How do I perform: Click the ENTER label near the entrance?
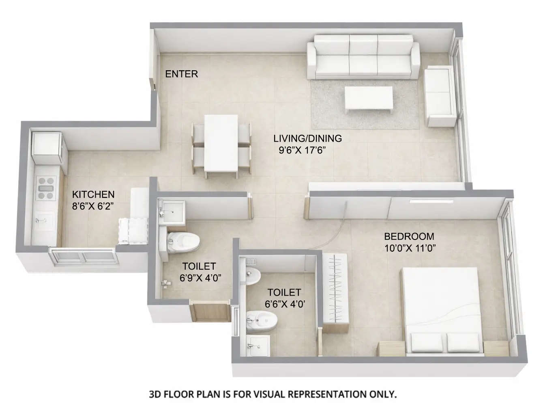pyautogui.click(x=181, y=74)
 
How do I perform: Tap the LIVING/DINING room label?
pyautogui.click(x=307, y=138)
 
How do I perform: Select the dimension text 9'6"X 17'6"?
pyautogui.click(x=302, y=150)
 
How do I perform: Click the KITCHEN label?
pyautogui.click(x=93, y=194)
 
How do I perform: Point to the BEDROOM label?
pyautogui.click(x=409, y=236)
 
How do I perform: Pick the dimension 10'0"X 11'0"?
pyautogui.click(x=410, y=248)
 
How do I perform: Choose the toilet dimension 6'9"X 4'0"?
pyautogui.click(x=200, y=278)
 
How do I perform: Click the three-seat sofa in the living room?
pyautogui.click(x=363, y=57)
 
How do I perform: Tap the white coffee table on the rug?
pyautogui.click(x=368, y=98)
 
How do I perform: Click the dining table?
pyautogui.click(x=221, y=143)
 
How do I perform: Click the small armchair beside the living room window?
pyautogui.click(x=440, y=97)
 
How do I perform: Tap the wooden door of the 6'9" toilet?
pyautogui.click(x=210, y=311)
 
